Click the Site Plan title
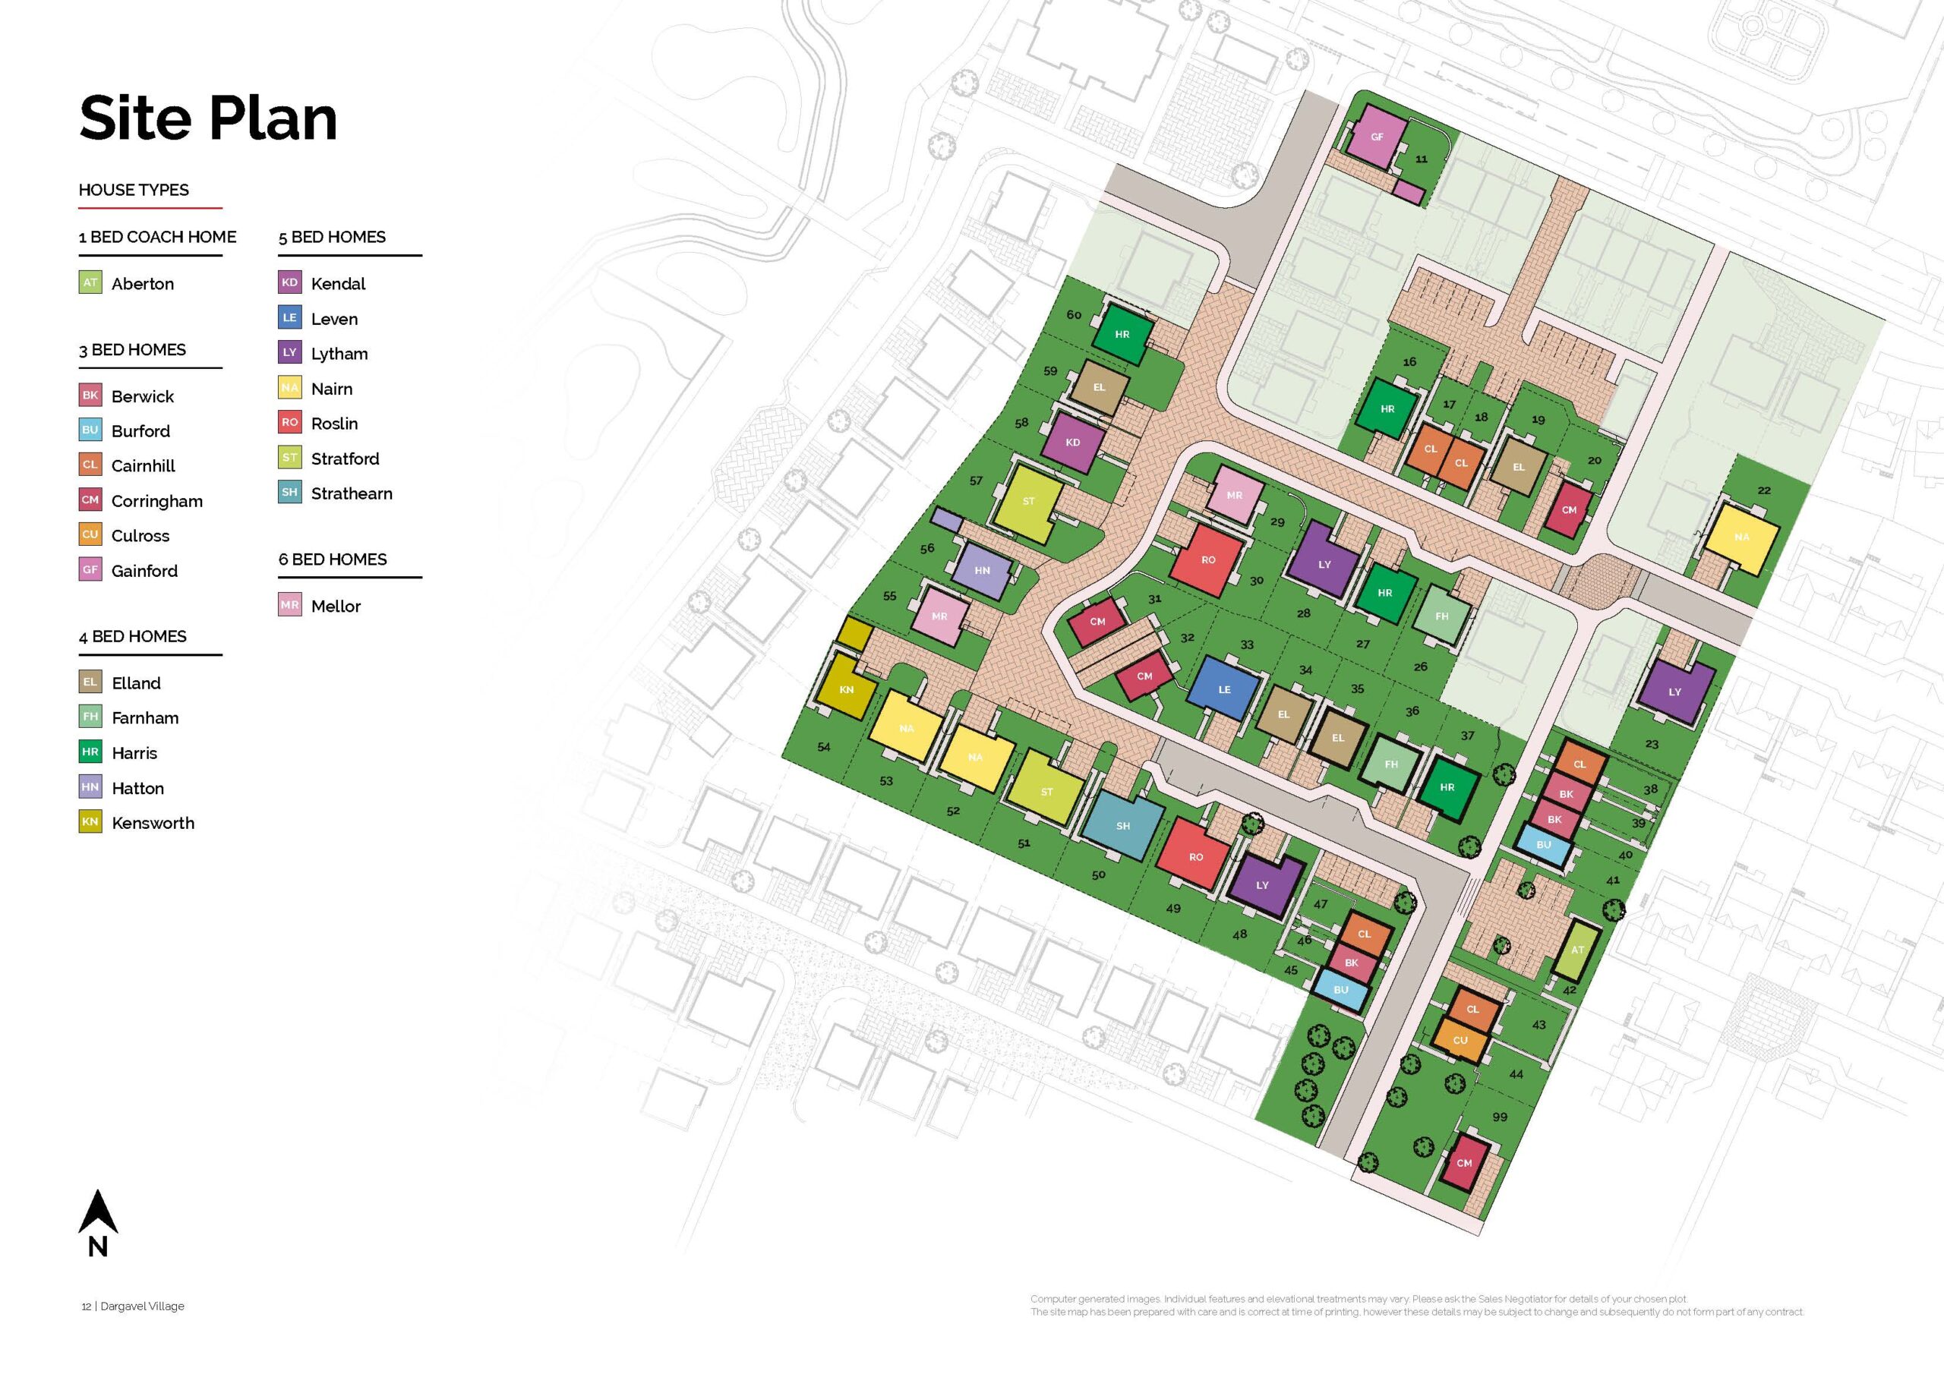click(x=207, y=118)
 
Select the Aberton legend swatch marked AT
click(x=90, y=282)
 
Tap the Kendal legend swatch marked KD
click(x=289, y=282)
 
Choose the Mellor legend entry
click(x=336, y=606)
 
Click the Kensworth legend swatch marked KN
click(x=90, y=821)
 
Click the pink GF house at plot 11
click(x=1377, y=137)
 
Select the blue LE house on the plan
click(x=1223, y=689)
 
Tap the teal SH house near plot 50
click(x=1122, y=825)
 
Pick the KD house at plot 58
click(x=1073, y=442)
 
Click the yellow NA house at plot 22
click(x=1742, y=537)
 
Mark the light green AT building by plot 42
click(x=1576, y=950)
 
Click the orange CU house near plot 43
click(x=1460, y=1041)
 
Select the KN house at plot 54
click(x=846, y=689)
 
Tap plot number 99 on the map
click(x=1500, y=1117)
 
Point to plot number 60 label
click(x=1074, y=315)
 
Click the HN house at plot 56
click(x=982, y=570)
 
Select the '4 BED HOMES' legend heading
click(x=133, y=637)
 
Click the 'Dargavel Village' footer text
click(x=142, y=1306)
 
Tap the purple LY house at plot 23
click(x=1674, y=692)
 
